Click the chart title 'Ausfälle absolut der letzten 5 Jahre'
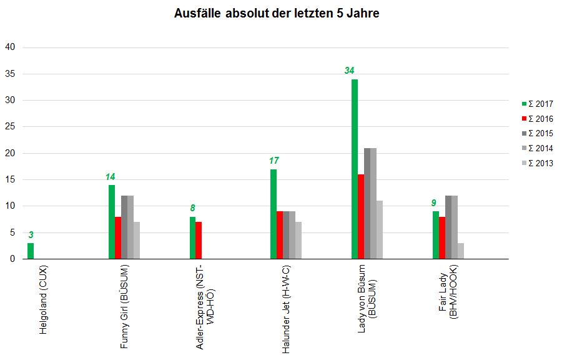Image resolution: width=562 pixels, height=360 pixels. [277, 14]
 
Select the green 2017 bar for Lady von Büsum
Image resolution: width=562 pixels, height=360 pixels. [354, 169]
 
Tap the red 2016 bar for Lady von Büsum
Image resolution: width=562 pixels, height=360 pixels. [360, 216]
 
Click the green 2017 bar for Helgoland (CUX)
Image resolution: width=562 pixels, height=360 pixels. [30, 251]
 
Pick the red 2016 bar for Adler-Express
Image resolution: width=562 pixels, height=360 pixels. [199, 240]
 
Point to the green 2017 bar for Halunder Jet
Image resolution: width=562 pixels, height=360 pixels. [274, 214]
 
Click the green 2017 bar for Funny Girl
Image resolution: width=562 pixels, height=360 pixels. [111, 222]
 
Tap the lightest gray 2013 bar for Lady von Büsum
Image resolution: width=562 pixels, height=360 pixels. [380, 229]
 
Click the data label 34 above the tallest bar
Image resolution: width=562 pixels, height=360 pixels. [350, 71]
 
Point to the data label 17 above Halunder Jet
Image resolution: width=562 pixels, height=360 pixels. [274, 161]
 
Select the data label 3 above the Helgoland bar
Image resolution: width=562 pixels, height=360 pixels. [31, 235]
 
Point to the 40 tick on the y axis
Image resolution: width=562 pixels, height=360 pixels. [11, 47]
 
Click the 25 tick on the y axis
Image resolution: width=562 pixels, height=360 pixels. [11, 127]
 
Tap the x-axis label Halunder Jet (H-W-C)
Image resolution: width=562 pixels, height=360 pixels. [286, 309]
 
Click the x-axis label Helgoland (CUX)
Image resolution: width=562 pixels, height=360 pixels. [43, 300]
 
